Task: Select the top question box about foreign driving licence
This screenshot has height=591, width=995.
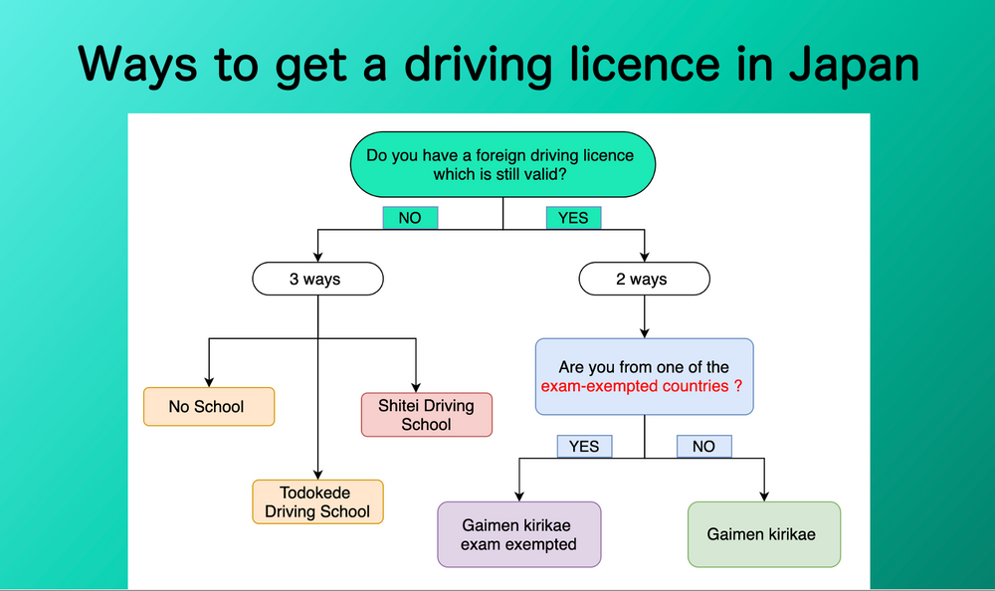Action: coord(503,164)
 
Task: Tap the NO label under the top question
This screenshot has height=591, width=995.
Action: coord(410,217)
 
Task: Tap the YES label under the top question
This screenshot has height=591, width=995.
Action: coord(573,217)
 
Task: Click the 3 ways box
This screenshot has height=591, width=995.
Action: coord(317,279)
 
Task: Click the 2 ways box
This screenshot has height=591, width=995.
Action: coord(645,279)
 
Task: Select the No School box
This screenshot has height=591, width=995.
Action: coord(208,406)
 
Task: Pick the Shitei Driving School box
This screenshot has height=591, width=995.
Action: coord(426,415)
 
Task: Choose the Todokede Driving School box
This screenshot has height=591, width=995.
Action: coord(317,502)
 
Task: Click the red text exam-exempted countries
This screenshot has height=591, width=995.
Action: coord(641,385)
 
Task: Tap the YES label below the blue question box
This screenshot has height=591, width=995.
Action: coord(584,446)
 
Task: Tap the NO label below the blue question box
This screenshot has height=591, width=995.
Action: coord(703,446)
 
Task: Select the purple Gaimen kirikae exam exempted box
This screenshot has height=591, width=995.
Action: coord(518,534)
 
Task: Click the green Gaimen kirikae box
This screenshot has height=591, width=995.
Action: coord(763,534)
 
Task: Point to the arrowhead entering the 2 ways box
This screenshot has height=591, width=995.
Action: coord(645,257)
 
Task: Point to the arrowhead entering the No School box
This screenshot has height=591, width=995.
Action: coord(208,381)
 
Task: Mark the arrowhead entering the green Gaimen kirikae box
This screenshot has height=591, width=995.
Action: coord(763,494)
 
